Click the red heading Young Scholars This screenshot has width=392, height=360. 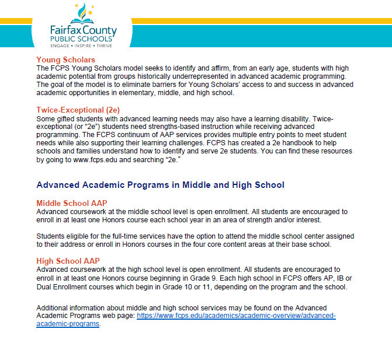[x=65, y=60]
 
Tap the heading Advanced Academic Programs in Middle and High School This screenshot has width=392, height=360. [x=160, y=185]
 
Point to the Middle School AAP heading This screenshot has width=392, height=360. [x=68, y=202]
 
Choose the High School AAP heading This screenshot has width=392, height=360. [x=64, y=261]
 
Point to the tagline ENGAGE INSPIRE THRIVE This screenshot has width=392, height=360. [x=82, y=46]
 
